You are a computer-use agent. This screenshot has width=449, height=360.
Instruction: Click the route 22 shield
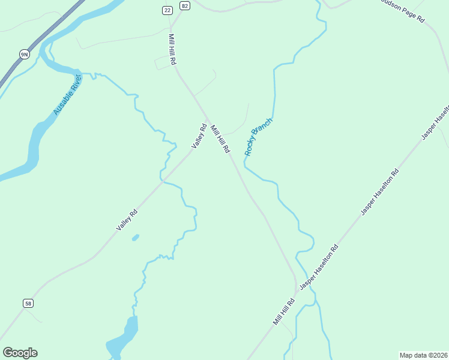[167, 10]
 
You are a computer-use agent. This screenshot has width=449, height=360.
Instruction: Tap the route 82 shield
[184, 6]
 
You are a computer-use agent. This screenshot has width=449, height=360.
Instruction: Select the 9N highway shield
[24, 55]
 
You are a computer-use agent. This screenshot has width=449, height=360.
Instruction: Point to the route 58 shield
[28, 304]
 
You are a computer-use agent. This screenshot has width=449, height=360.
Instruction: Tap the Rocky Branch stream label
[258, 137]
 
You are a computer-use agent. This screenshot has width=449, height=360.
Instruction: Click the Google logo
[20, 353]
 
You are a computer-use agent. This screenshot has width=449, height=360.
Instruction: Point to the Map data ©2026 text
[423, 355]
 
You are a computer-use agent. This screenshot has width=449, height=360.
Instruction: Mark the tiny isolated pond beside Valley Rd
[135, 238]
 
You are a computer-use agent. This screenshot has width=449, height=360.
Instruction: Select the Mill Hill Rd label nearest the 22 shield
[172, 49]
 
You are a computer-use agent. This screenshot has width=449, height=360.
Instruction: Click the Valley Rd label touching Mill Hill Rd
[199, 136]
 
